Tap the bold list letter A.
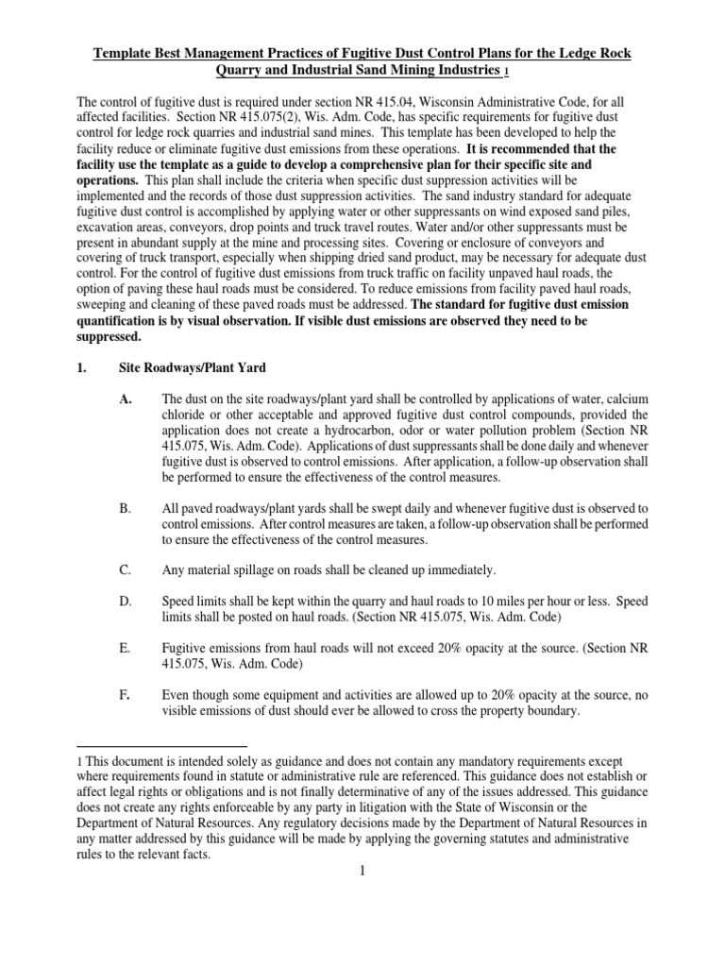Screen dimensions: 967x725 pos(126,400)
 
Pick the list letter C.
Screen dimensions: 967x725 pos(126,570)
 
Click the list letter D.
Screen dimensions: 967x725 pos(126,601)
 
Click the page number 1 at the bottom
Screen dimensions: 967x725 pos(362,870)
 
